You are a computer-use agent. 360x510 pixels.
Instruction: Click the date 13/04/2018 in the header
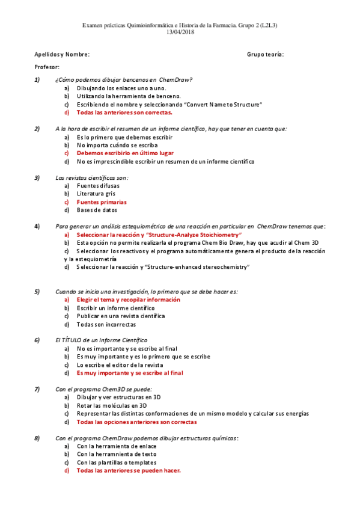click(180, 32)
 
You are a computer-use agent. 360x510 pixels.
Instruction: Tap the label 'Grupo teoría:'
click(265, 55)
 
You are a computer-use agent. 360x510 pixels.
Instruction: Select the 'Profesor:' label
click(47, 67)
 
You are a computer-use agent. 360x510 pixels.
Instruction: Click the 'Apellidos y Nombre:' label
click(62, 55)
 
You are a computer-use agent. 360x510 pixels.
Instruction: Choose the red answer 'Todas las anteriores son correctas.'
click(124, 112)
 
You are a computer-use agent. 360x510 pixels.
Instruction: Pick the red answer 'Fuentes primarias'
click(102, 202)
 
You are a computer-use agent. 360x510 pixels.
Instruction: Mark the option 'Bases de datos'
click(97, 210)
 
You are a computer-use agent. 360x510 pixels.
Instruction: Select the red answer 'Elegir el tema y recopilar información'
click(129, 300)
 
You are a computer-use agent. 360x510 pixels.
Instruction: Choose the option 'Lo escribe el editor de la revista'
click(120, 364)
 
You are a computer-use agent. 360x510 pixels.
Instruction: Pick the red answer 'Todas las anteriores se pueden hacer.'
click(129, 471)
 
